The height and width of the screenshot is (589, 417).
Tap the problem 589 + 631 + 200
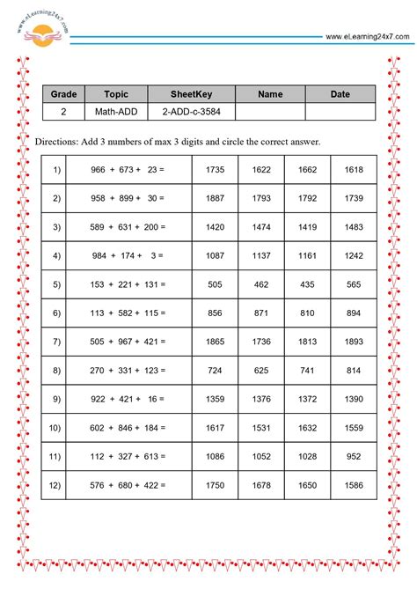pyautogui.click(x=128, y=227)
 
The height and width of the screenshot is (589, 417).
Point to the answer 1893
pyautogui.click(x=354, y=342)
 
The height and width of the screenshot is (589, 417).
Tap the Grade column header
pyautogui.click(x=63, y=94)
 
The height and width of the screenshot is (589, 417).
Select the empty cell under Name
pyautogui.click(x=270, y=112)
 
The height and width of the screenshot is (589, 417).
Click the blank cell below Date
pyautogui.click(x=340, y=112)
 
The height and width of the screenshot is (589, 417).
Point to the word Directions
pyautogui.click(x=55, y=142)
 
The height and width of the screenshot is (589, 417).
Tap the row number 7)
pyautogui.click(x=57, y=342)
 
